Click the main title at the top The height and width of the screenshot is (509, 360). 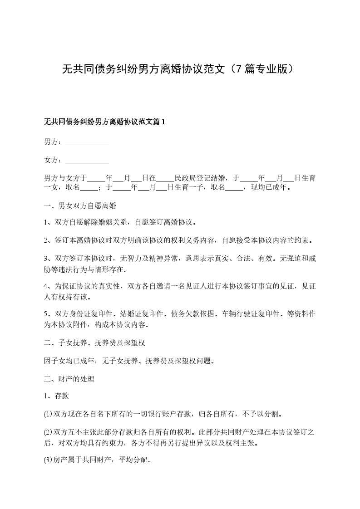pos(180,69)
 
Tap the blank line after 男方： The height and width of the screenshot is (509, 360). pos(87,142)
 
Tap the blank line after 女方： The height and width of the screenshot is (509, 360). pos(87,160)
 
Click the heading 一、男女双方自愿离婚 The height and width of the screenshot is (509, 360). pos(80,206)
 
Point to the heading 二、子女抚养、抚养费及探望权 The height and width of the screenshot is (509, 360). pos(94,341)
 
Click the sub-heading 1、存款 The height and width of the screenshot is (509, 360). pos(56,396)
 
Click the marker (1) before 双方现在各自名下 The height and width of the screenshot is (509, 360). pos(48,414)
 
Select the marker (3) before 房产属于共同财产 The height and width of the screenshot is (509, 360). pos(48,460)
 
